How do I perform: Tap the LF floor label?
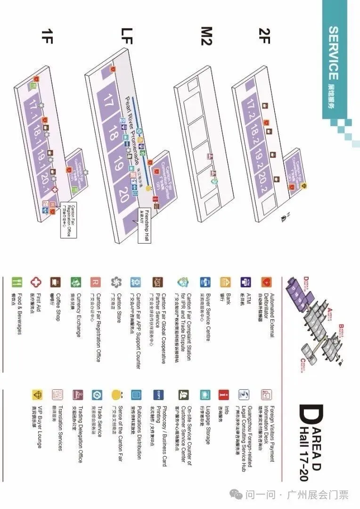tap(128, 36)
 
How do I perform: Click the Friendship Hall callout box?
tap(144, 225)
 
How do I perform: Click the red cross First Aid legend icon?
tap(35, 283)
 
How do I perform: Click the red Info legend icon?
tap(223, 394)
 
